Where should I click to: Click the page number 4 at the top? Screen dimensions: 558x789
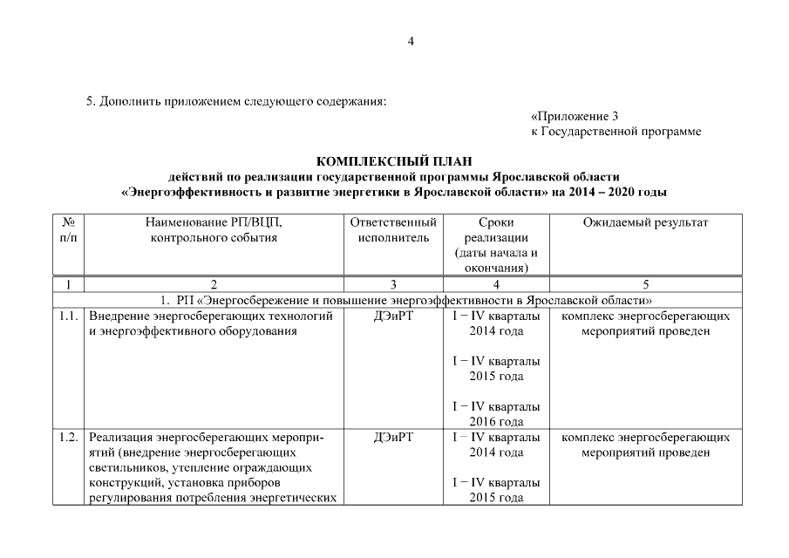(x=411, y=42)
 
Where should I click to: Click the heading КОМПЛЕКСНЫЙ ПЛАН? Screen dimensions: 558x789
(x=393, y=161)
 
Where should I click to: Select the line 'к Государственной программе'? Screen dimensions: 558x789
(x=616, y=132)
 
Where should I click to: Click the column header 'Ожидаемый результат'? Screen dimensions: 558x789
(x=645, y=223)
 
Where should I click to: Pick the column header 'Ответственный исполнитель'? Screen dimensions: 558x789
(x=392, y=230)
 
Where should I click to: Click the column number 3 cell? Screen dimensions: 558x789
(x=392, y=284)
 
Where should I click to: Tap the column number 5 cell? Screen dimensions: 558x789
(x=645, y=284)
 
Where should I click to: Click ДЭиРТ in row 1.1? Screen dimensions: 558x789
(x=392, y=316)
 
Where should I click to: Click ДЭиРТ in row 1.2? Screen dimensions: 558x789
(x=392, y=437)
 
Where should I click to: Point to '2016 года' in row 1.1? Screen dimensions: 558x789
(x=496, y=422)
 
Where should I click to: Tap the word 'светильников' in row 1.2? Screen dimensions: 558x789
(x=126, y=467)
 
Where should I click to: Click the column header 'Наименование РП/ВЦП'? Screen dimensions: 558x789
(x=214, y=223)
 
